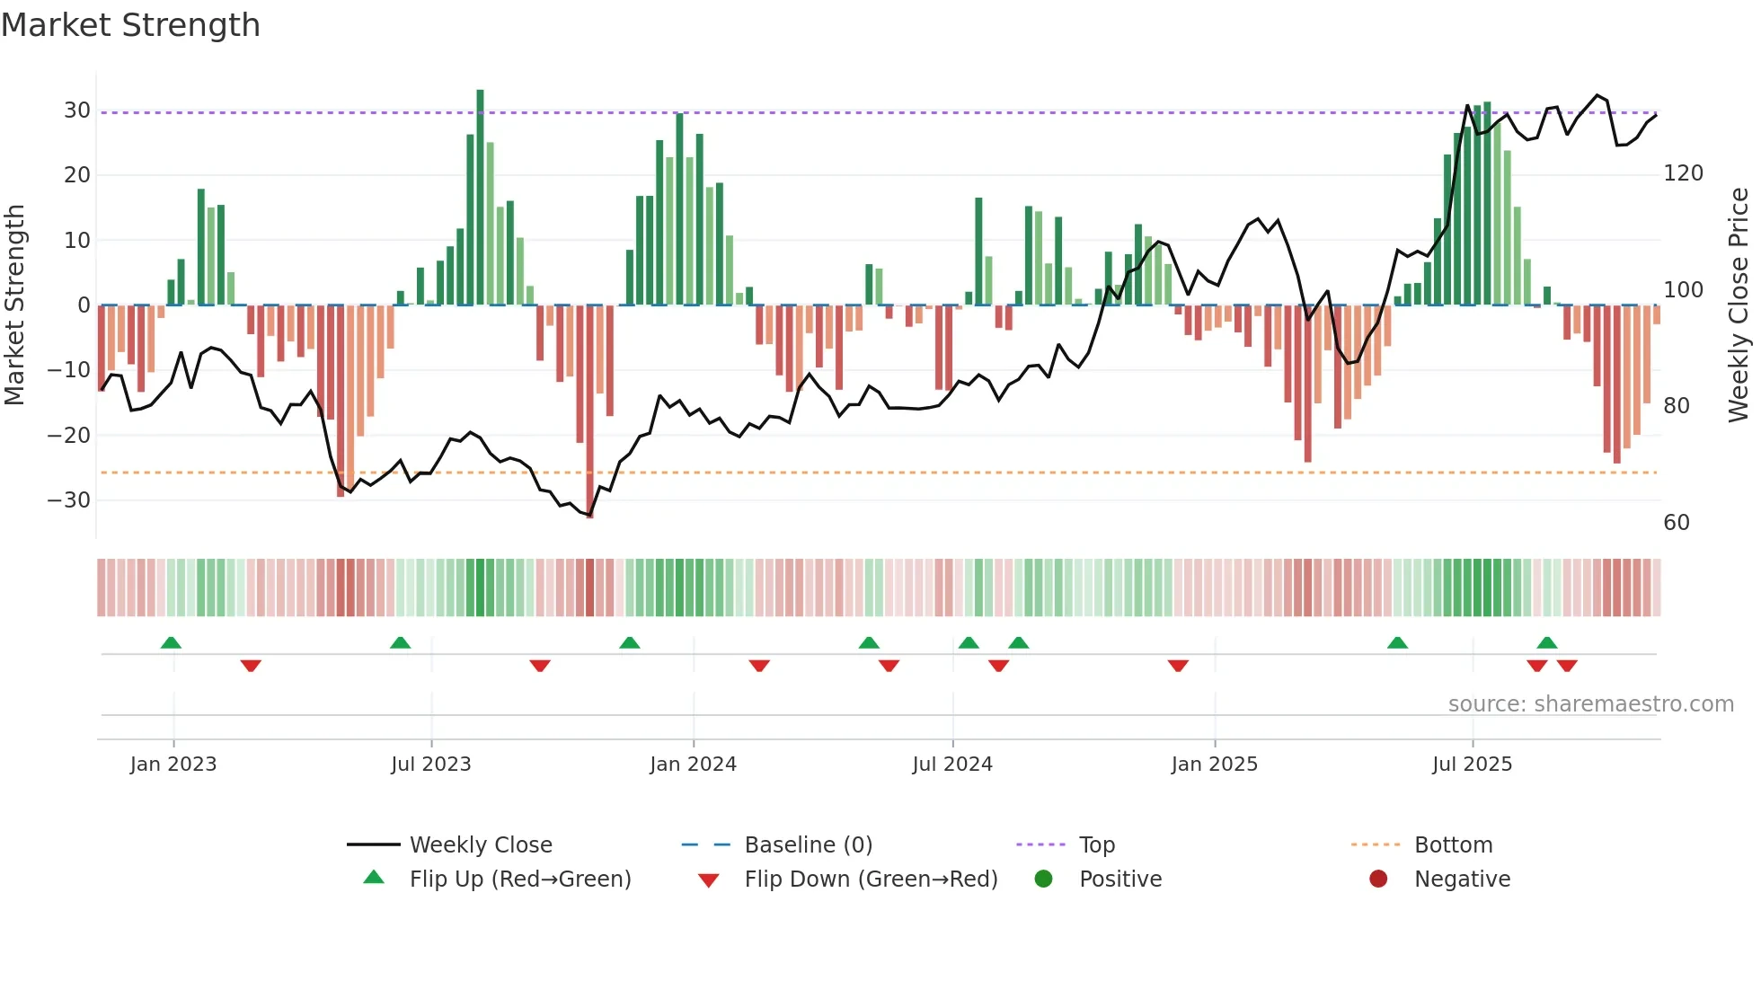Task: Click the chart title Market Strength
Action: pyautogui.click(x=130, y=25)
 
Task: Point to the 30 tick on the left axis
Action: pyautogui.click(x=77, y=110)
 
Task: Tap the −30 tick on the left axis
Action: pyautogui.click(x=69, y=500)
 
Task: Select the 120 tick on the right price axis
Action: pyautogui.click(x=1683, y=173)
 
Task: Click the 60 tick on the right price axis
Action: pyautogui.click(x=1677, y=523)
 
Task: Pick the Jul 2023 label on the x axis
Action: pyautogui.click(x=431, y=765)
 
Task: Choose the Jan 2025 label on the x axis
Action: pyautogui.click(x=1215, y=765)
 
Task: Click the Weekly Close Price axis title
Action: pyautogui.click(x=1739, y=305)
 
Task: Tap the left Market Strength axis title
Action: pyautogui.click(x=15, y=305)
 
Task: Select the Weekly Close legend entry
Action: pyautogui.click(x=481, y=845)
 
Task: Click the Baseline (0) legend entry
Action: pyautogui.click(x=809, y=845)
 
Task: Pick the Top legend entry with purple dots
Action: pyautogui.click(x=1096, y=845)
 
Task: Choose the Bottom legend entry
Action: pyautogui.click(x=1453, y=845)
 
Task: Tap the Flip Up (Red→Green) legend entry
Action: pyautogui.click(x=520, y=880)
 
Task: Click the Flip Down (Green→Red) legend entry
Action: pyautogui.click(x=871, y=880)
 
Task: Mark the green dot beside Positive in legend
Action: pyautogui.click(x=1043, y=880)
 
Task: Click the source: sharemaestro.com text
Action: pyautogui.click(x=1590, y=704)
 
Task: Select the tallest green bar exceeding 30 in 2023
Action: pyautogui.click(x=480, y=198)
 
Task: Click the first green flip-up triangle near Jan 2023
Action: pyautogui.click(x=171, y=642)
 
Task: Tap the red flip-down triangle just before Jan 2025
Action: pyautogui.click(x=1178, y=666)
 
